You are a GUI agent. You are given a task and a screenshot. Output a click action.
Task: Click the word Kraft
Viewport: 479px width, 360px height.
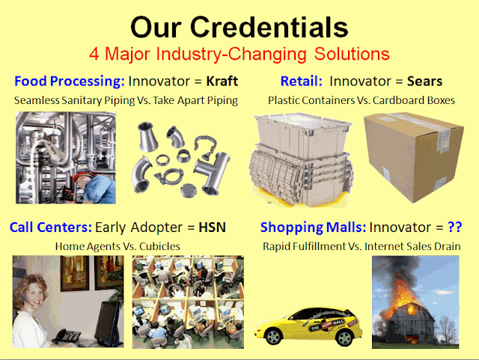pos(222,82)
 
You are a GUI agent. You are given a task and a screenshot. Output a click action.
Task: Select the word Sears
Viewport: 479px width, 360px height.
pos(424,82)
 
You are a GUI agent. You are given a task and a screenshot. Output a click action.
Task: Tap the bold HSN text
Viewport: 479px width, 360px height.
pos(213,228)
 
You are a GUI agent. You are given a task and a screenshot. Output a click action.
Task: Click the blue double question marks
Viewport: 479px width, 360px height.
pos(454,228)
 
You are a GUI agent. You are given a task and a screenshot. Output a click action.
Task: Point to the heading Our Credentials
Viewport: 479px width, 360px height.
pos(239,27)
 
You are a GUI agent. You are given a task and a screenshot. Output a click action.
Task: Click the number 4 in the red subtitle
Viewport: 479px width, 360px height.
pos(94,54)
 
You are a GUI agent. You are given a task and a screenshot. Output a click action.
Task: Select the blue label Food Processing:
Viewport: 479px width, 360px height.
pos(70,82)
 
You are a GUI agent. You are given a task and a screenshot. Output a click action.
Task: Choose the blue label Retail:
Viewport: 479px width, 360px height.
pos(301,82)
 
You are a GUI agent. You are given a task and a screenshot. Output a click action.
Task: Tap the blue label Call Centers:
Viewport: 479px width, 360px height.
pos(51,228)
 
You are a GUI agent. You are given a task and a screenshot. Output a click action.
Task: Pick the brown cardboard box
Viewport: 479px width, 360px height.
pos(413,156)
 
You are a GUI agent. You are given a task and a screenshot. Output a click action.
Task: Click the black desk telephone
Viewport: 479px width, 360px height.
pos(67,336)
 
